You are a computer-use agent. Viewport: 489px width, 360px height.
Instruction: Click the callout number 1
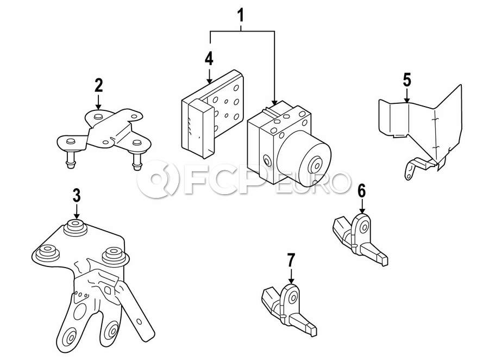tap(241, 16)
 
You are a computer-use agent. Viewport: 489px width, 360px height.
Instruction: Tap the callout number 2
tap(98, 85)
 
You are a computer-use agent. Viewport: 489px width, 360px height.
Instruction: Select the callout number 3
tap(77, 195)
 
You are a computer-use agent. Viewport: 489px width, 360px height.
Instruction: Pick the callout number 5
tap(407, 80)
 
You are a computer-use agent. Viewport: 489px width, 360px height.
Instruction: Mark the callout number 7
tap(291, 260)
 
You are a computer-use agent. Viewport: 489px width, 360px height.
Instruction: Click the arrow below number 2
tap(98, 102)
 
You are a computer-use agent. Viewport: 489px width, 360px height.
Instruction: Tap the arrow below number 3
tap(77, 212)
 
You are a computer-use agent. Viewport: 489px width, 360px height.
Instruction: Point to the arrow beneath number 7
tap(291, 276)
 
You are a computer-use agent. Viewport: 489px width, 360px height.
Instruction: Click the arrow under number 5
tap(406, 96)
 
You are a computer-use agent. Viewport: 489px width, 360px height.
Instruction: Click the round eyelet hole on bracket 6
tap(364, 227)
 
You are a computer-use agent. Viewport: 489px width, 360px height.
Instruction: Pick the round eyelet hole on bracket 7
tap(293, 298)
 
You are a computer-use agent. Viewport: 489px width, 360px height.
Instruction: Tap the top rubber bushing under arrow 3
tap(75, 227)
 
